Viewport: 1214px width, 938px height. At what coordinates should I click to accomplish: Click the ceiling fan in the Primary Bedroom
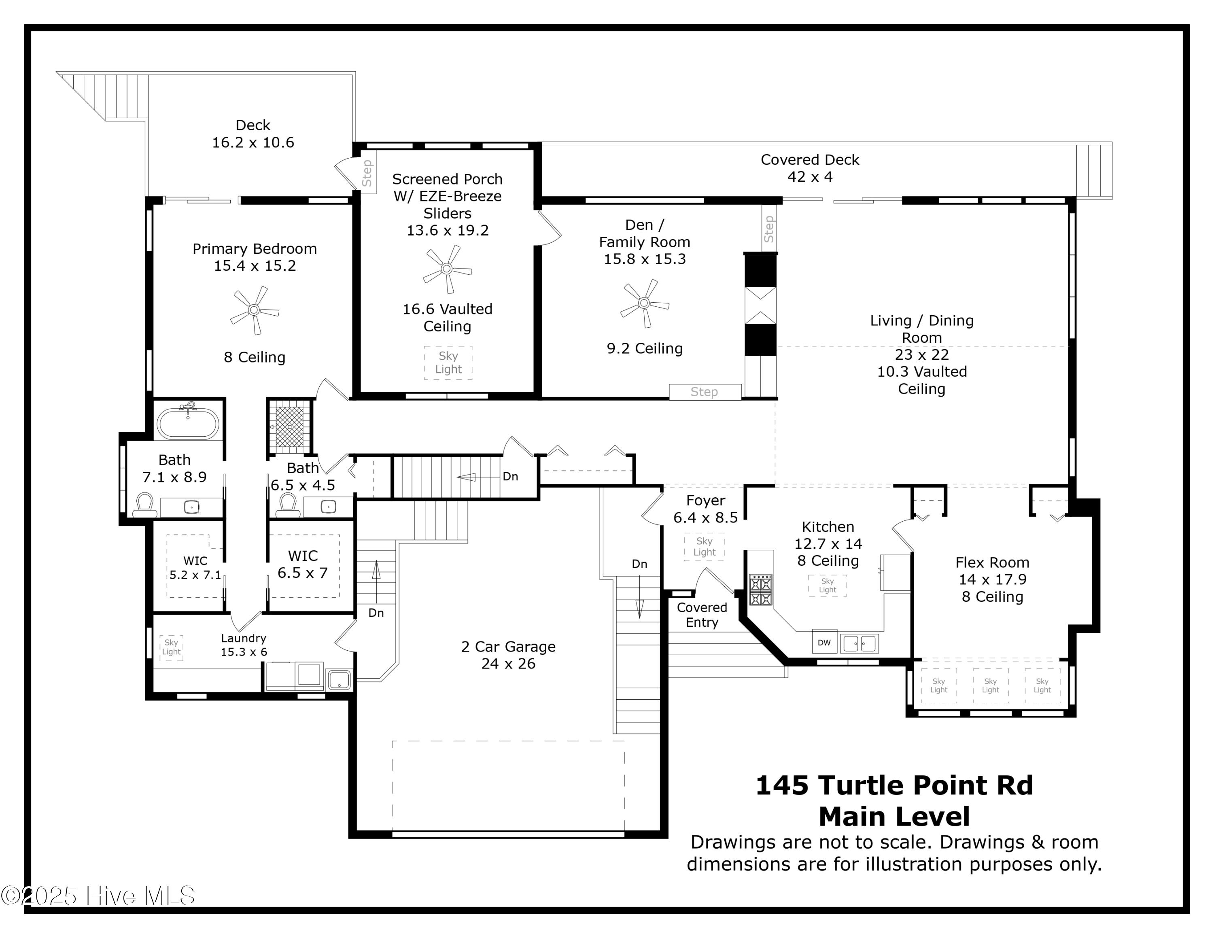(x=254, y=310)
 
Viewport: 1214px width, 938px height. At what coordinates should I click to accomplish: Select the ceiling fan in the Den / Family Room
(x=644, y=303)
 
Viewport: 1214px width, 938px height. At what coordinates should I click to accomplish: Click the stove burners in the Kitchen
(x=760, y=590)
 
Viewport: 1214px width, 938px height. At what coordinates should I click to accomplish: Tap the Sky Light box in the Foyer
(x=704, y=546)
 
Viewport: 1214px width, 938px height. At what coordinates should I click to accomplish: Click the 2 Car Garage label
(x=508, y=655)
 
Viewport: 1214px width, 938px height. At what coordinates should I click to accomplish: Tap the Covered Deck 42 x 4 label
(x=809, y=168)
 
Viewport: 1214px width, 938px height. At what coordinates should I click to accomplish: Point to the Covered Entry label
(x=702, y=615)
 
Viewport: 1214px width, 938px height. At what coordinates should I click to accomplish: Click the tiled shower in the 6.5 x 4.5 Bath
(x=289, y=426)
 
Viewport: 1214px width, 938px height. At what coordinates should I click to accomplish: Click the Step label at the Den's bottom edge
(x=704, y=392)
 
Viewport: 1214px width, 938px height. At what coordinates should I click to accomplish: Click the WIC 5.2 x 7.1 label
(x=195, y=567)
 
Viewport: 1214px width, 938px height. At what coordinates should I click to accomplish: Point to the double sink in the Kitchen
(x=859, y=643)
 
